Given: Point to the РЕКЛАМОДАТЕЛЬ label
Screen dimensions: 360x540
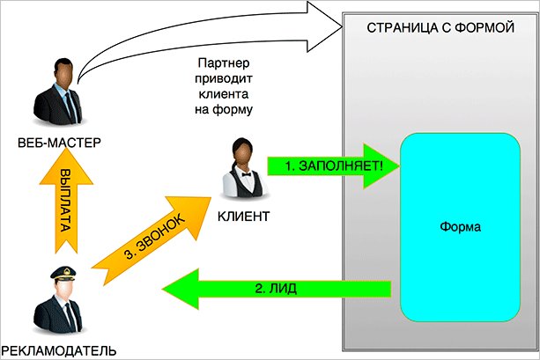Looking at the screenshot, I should coord(58,350).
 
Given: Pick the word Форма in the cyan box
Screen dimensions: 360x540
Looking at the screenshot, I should coord(459,226).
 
